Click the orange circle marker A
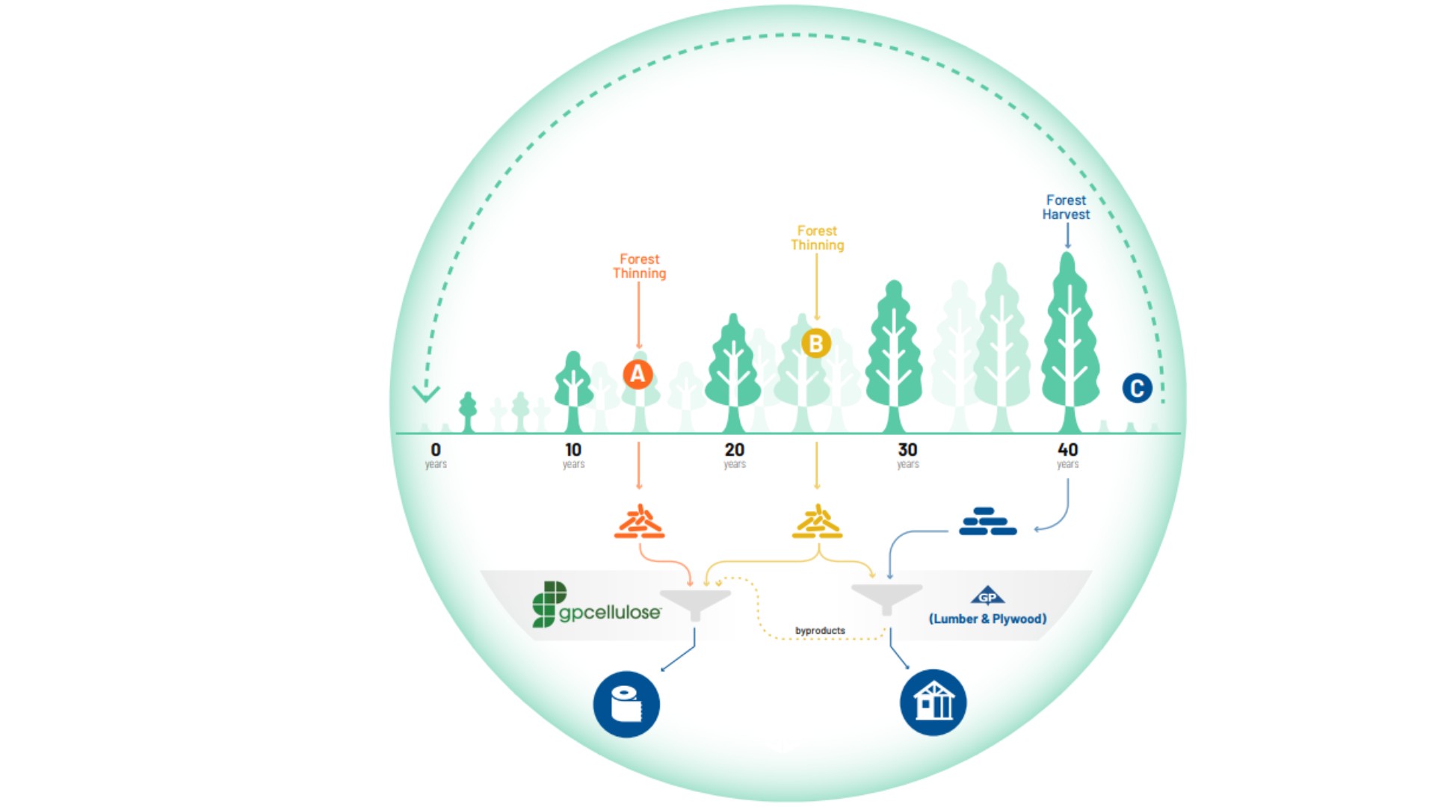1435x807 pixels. coord(638,374)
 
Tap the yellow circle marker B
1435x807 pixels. coord(816,344)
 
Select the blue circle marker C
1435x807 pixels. coord(1137,388)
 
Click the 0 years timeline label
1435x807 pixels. coord(436,454)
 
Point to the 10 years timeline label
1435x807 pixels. coord(573,454)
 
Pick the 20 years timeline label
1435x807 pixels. coord(734,454)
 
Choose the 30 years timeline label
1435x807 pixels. coord(907,454)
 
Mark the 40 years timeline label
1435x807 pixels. coord(1067,454)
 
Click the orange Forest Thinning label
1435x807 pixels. coord(639,266)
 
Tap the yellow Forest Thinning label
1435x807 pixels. coord(817,238)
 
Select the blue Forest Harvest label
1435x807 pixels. coord(1066,207)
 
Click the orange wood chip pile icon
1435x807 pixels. coord(639,522)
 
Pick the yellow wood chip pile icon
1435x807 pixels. coord(817,522)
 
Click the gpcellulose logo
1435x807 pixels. coord(596,606)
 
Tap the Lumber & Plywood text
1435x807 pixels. coord(987,619)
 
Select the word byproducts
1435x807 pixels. coord(820,631)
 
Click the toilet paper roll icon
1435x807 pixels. coord(626,704)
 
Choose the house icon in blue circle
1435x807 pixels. coord(933,702)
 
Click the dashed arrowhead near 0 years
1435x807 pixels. coord(426,393)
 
